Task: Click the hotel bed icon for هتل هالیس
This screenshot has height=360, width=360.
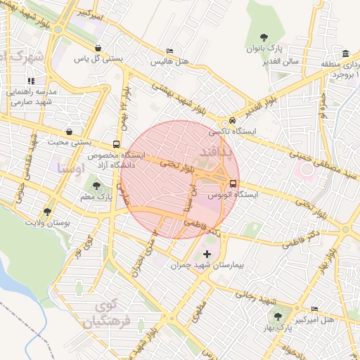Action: (169, 51)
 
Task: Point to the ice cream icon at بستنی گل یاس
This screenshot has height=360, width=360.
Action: (97, 48)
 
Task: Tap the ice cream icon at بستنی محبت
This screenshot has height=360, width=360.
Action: (69, 131)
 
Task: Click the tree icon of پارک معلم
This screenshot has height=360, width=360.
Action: (97, 186)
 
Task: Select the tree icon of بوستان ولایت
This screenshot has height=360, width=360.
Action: (47, 211)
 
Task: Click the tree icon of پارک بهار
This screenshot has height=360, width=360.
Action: (278, 316)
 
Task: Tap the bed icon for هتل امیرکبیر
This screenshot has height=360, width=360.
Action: (314, 309)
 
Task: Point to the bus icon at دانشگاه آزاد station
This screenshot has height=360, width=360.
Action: (116, 144)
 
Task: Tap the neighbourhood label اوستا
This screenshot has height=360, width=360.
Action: (70, 169)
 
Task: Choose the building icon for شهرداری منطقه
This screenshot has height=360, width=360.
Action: (345, 54)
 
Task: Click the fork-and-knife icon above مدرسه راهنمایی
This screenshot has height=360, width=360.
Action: (32, 82)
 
